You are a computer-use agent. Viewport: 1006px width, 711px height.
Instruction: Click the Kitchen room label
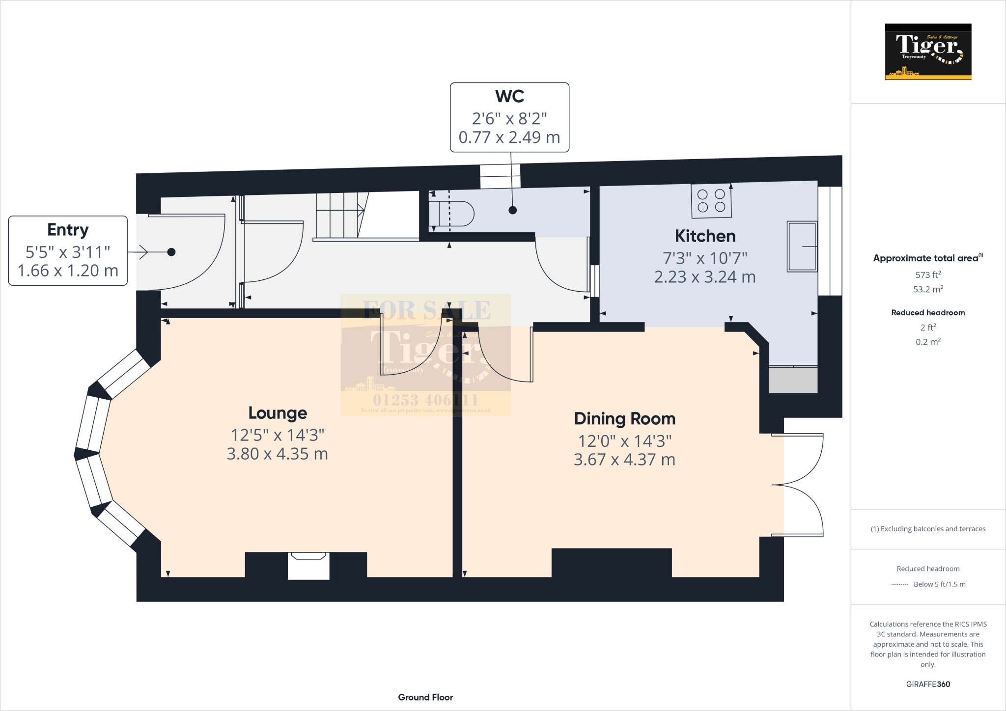[x=705, y=236]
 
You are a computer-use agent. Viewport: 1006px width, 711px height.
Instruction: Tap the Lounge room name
[x=278, y=413]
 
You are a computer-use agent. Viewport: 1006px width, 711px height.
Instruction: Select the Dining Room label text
[x=624, y=419]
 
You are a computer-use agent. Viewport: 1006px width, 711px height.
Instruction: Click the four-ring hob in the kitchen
[x=711, y=201]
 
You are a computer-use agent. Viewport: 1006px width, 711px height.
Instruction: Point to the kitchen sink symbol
[x=802, y=246]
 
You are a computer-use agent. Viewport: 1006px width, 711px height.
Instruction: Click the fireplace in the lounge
[x=308, y=566]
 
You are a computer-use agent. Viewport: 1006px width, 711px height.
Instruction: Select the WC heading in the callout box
[x=509, y=96]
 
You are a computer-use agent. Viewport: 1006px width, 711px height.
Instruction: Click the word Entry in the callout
[x=68, y=230]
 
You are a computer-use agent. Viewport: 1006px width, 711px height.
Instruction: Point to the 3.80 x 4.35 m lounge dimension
[x=277, y=454]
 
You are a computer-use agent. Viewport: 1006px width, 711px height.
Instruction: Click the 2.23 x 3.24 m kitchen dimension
[x=704, y=277]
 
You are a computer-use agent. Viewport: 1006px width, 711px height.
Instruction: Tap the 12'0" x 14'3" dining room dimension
[x=624, y=441]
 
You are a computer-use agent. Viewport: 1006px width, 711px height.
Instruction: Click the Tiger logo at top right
[x=928, y=52]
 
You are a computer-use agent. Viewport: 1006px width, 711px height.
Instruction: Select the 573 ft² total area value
[x=928, y=275]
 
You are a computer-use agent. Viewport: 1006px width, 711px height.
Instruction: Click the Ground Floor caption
[x=425, y=697]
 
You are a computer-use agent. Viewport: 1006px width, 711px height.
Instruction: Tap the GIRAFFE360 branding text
[x=928, y=684]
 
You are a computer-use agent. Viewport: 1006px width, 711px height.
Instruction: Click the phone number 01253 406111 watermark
[x=425, y=400]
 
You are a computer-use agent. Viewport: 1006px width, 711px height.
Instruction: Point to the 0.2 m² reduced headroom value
[x=928, y=342]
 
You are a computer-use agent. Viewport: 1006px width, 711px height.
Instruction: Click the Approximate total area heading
[x=926, y=258]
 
